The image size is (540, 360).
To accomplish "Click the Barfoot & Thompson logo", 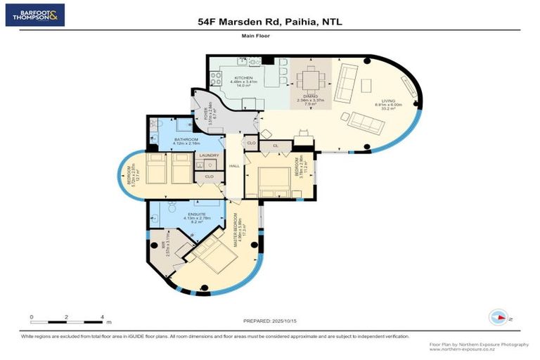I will [35, 14].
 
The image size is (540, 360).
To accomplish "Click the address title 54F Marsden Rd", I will [269, 22].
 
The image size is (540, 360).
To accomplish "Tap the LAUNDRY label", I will [209, 155].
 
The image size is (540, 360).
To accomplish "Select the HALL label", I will [234, 166].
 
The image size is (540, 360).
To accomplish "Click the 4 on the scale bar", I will [103, 317].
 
